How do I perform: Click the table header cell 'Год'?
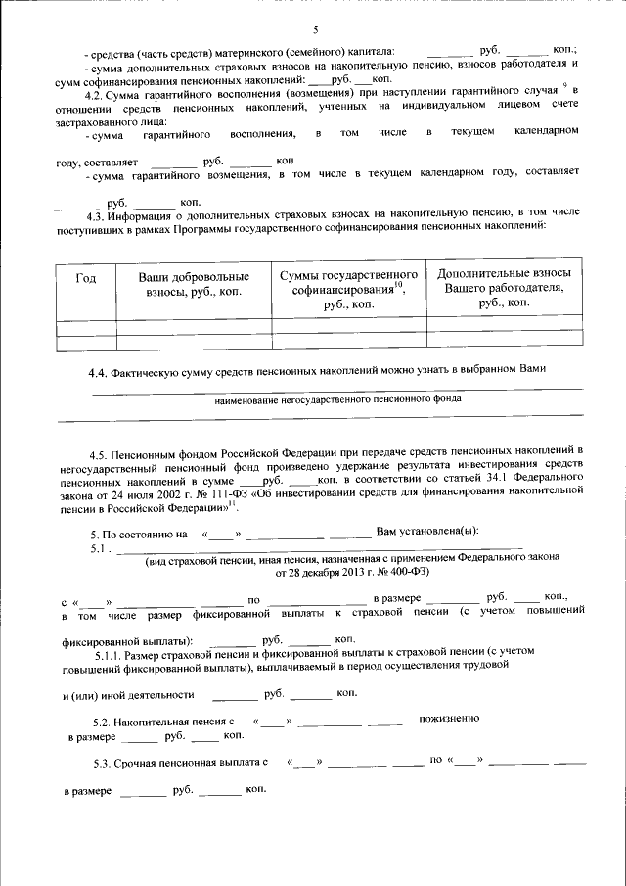[x=86, y=279]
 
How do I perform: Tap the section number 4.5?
[x=98, y=456]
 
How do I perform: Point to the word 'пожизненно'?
[x=450, y=720]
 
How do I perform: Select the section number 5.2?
[x=100, y=722]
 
